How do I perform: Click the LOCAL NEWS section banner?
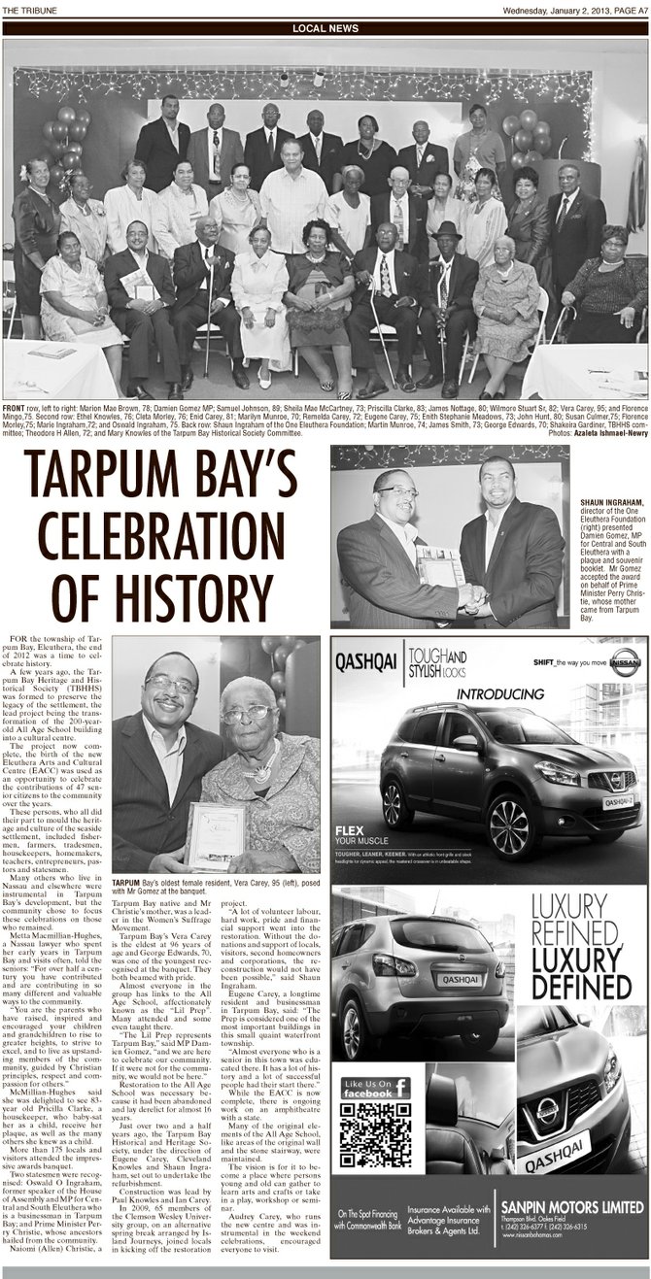(x=325, y=29)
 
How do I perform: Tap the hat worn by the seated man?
(x=448, y=230)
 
